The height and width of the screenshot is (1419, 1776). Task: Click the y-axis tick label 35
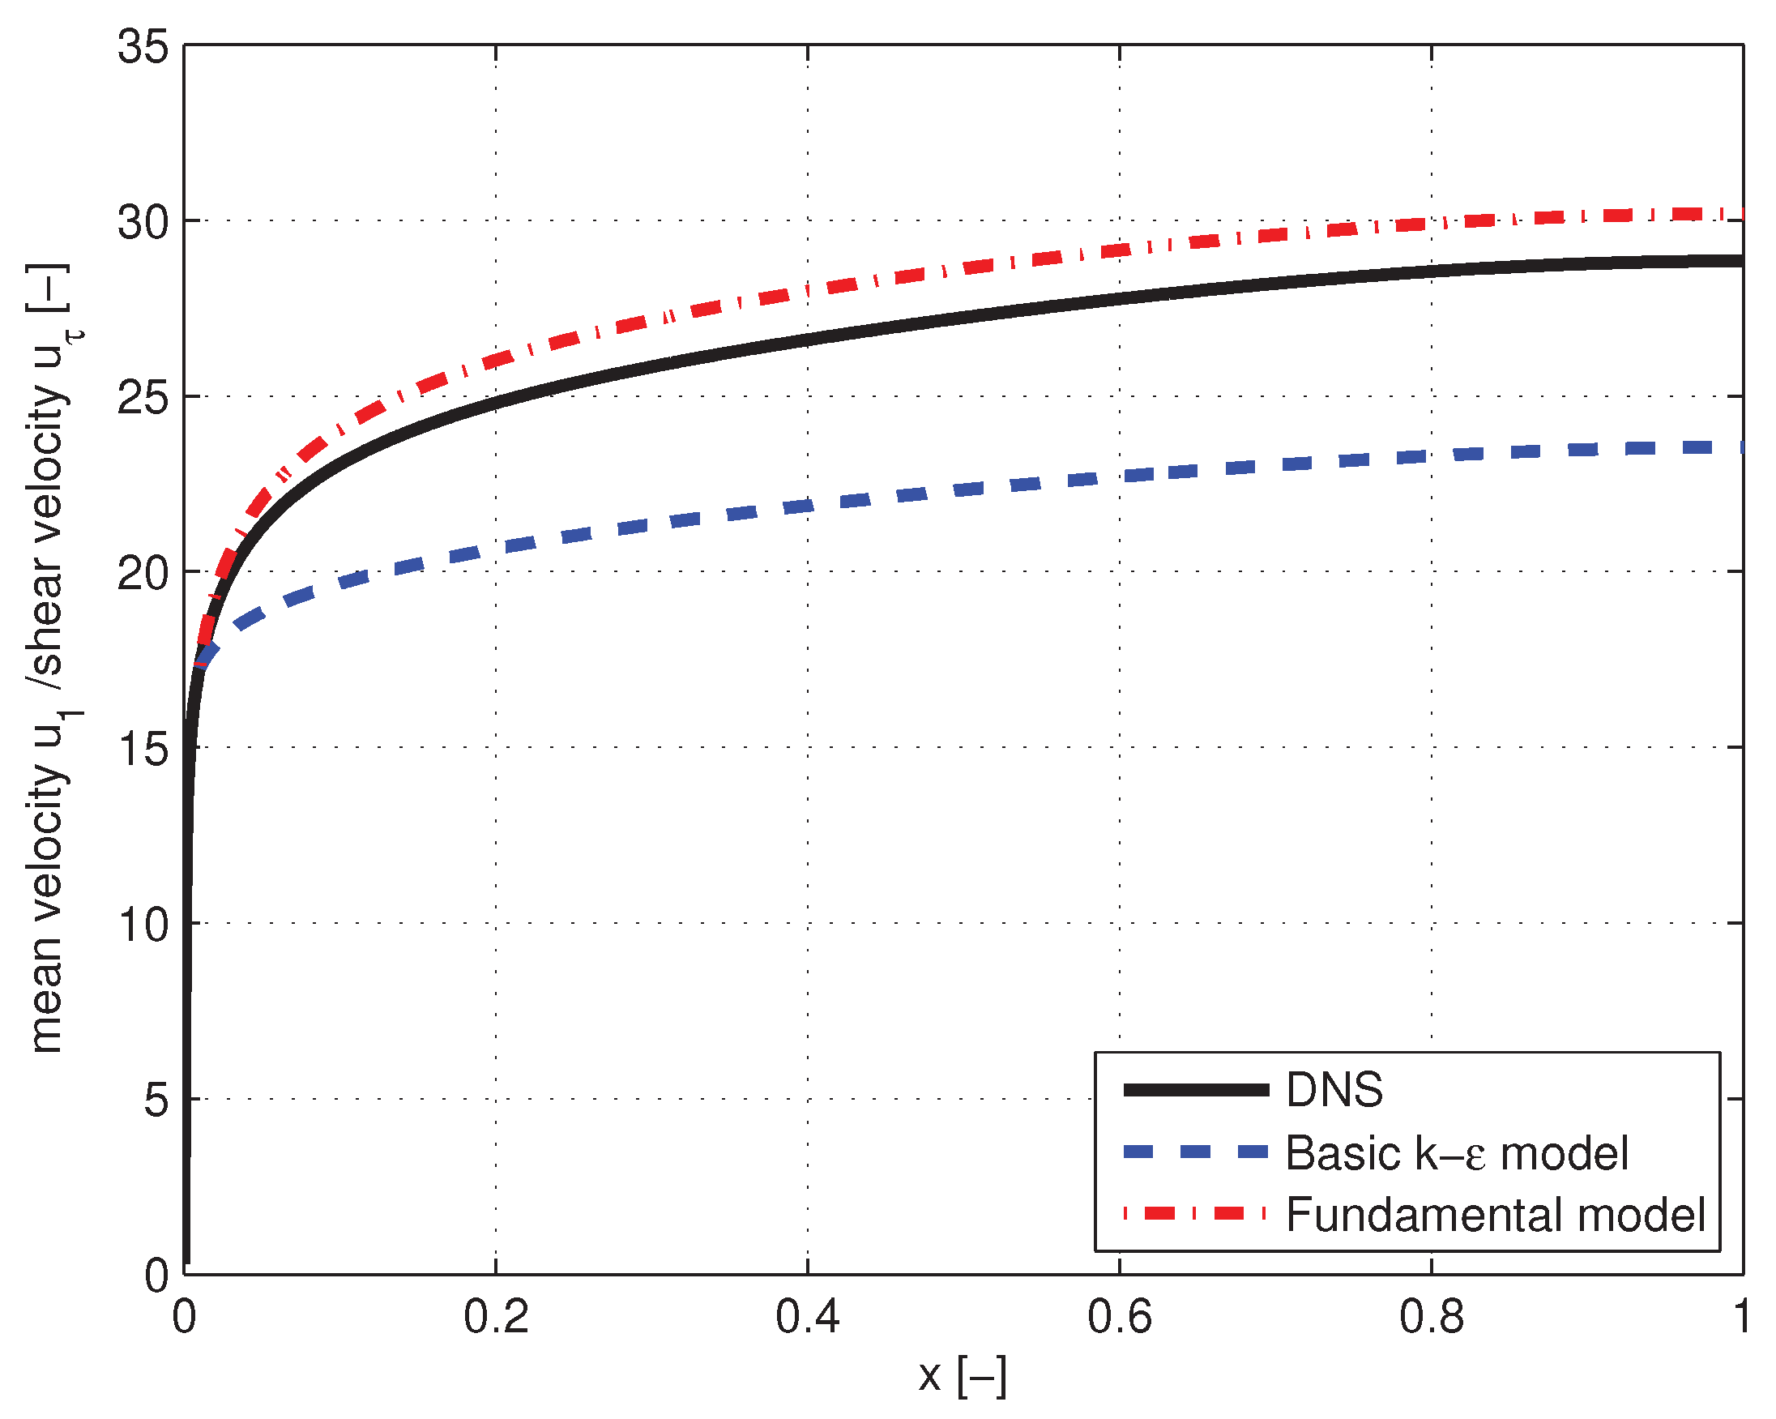[143, 46]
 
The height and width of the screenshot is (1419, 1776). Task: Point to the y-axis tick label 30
[143, 222]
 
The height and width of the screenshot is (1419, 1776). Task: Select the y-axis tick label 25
[143, 398]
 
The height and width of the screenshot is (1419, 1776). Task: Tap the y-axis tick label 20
[143, 574]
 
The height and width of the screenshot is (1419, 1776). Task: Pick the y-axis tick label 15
[143, 749]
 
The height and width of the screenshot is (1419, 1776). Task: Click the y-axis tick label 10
[143, 925]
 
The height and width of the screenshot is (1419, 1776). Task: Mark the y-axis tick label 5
[156, 1100]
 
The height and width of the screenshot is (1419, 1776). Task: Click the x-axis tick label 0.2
[496, 1316]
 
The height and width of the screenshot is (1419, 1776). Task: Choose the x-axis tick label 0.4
[807, 1316]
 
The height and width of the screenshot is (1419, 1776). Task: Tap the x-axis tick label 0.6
[1120, 1316]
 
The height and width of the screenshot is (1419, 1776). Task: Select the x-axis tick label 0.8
[1432, 1316]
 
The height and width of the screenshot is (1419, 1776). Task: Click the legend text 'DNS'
[1334, 1090]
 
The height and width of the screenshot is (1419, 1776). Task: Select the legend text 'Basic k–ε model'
[1457, 1153]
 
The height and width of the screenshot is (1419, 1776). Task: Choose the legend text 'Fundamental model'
[1495, 1215]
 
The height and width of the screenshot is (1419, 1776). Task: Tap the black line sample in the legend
[1196, 1090]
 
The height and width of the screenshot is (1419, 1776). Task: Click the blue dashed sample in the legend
[1196, 1152]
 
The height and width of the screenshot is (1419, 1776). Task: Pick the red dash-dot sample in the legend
[1196, 1213]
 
